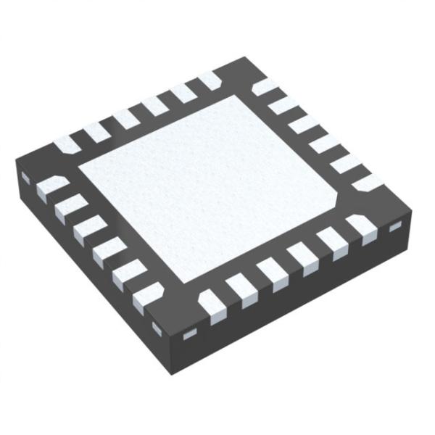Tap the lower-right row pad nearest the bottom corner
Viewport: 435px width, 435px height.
212,304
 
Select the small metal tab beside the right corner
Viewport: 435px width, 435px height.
396,228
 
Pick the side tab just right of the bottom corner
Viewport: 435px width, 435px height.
190,335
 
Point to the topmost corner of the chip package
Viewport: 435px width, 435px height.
239,61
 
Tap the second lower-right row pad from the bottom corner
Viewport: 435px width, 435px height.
242,289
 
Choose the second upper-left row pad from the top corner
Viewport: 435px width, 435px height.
182,93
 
